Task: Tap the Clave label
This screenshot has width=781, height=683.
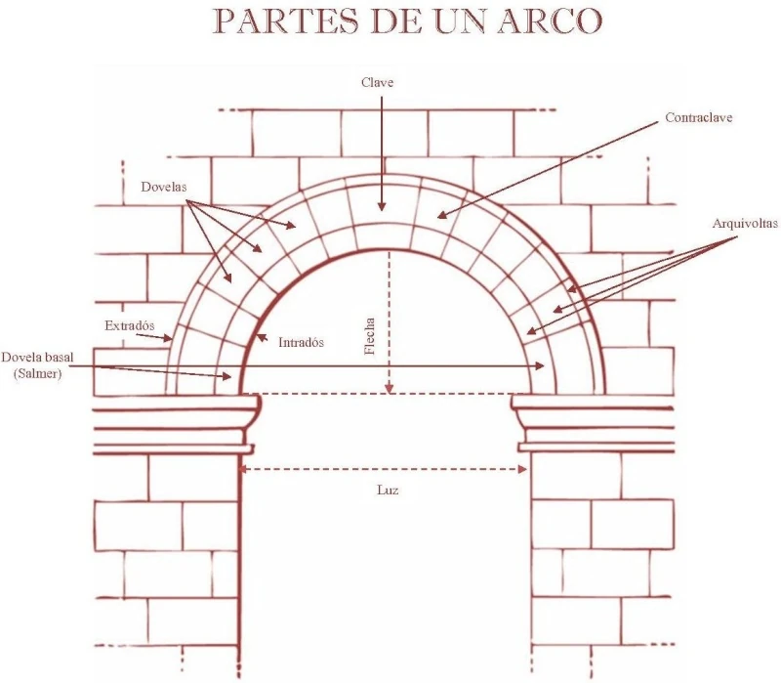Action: (x=377, y=83)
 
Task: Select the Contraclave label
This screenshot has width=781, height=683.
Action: (x=698, y=117)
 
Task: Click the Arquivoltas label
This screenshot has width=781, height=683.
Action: (x=745, y=224)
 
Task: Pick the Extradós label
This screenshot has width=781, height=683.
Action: (x=130, y=325)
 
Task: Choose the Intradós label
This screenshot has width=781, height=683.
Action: (x=301, y=343)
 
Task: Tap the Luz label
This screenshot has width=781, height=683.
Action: (x=388, y=489)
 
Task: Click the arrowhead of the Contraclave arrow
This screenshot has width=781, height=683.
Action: (x=439, y=216)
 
